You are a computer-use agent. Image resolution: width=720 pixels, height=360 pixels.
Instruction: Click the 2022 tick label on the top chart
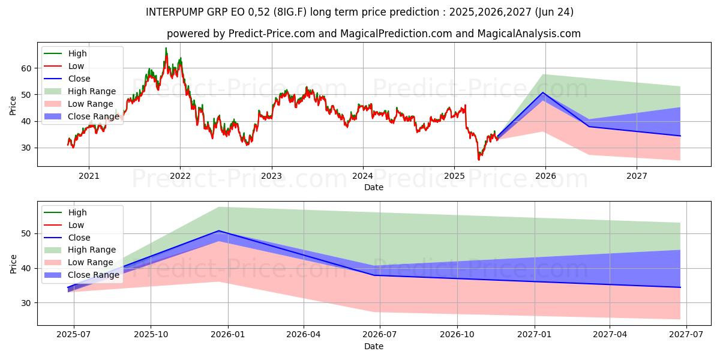pyautogui.click(x=180, y=176)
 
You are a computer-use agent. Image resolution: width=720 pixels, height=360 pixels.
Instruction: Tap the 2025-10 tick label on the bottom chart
pyautogui.click(x=151, y=335)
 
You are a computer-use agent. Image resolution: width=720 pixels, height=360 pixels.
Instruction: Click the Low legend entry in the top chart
pyautogui.click(x=76, y=66)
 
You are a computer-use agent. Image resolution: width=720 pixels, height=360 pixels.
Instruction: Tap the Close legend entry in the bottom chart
pyautogui.click(x=79, y=238)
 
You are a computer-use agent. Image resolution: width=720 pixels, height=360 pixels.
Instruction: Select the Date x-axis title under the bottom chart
pyautogui.click(x=374, y=346)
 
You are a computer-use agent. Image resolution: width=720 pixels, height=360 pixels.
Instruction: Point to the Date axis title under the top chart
pyautogui.click(x=374, y=187)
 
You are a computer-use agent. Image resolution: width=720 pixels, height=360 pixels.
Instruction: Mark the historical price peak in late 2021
pyautogui.click(x=166, y=48)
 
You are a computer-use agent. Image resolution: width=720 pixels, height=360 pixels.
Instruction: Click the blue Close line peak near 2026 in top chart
pyautogui.click(x=543, y=92)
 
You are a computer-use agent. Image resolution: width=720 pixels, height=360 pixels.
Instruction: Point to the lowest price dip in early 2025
pyautogui.click(x=478, y=160)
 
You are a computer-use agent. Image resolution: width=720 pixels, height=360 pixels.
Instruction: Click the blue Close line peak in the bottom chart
pyautogui.click(x=219, y=231)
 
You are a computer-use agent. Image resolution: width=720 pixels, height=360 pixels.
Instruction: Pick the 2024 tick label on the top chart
pyautogui.click(x=362, y=176)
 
